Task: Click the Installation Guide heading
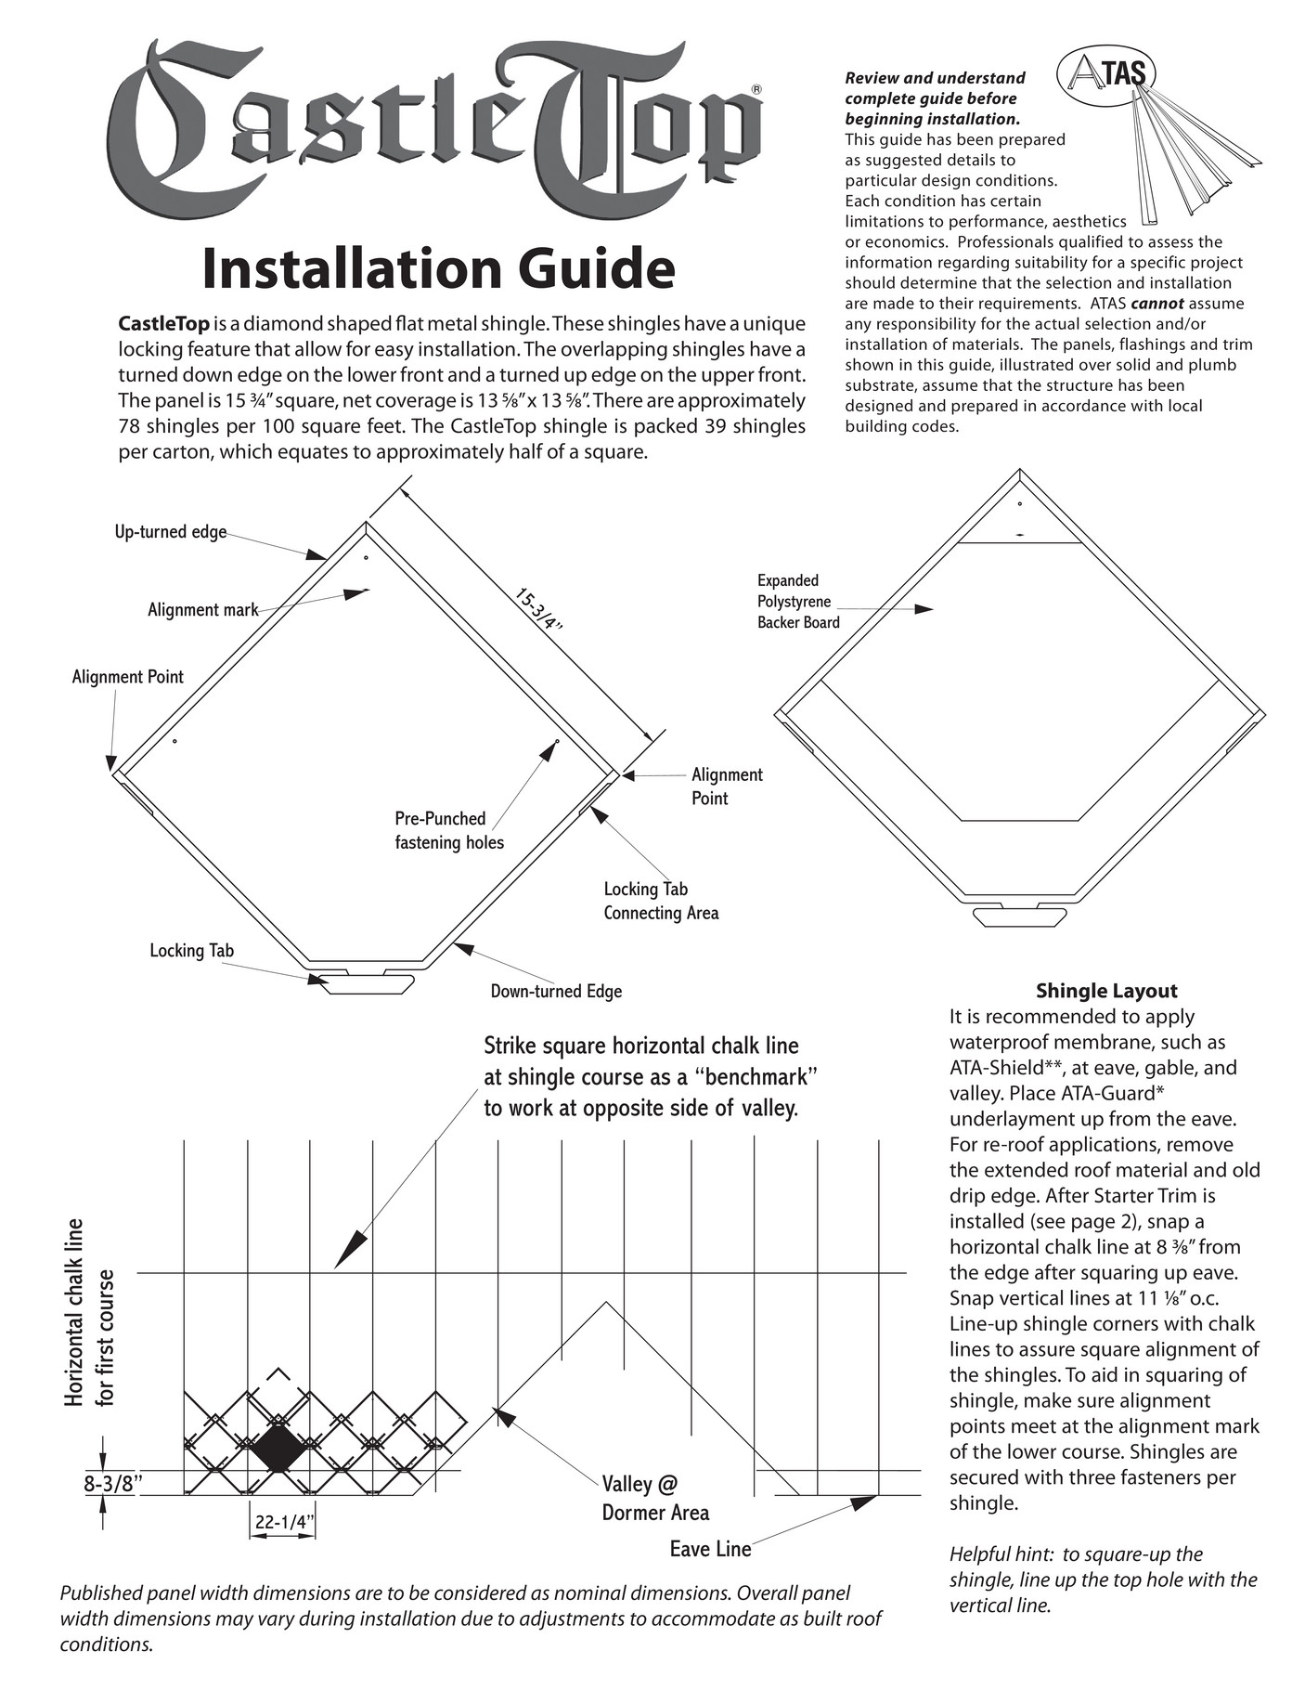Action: point(438,268)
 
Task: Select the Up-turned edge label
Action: point(171,532)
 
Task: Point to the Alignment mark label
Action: point(202,610)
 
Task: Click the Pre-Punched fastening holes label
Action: point(449,830)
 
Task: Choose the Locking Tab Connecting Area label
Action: point(661,901)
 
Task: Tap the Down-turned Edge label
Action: point(556,991)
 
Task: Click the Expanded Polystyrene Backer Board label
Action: point(798,602)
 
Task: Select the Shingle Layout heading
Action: point(1106,990)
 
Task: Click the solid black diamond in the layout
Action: point(277,1449)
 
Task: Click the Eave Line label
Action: point(710,1549)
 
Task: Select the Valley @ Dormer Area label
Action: point(655,1499)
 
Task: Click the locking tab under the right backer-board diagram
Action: point(1018,917)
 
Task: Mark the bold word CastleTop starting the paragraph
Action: point(163,324)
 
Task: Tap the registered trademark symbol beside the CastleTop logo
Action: point(756,89)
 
